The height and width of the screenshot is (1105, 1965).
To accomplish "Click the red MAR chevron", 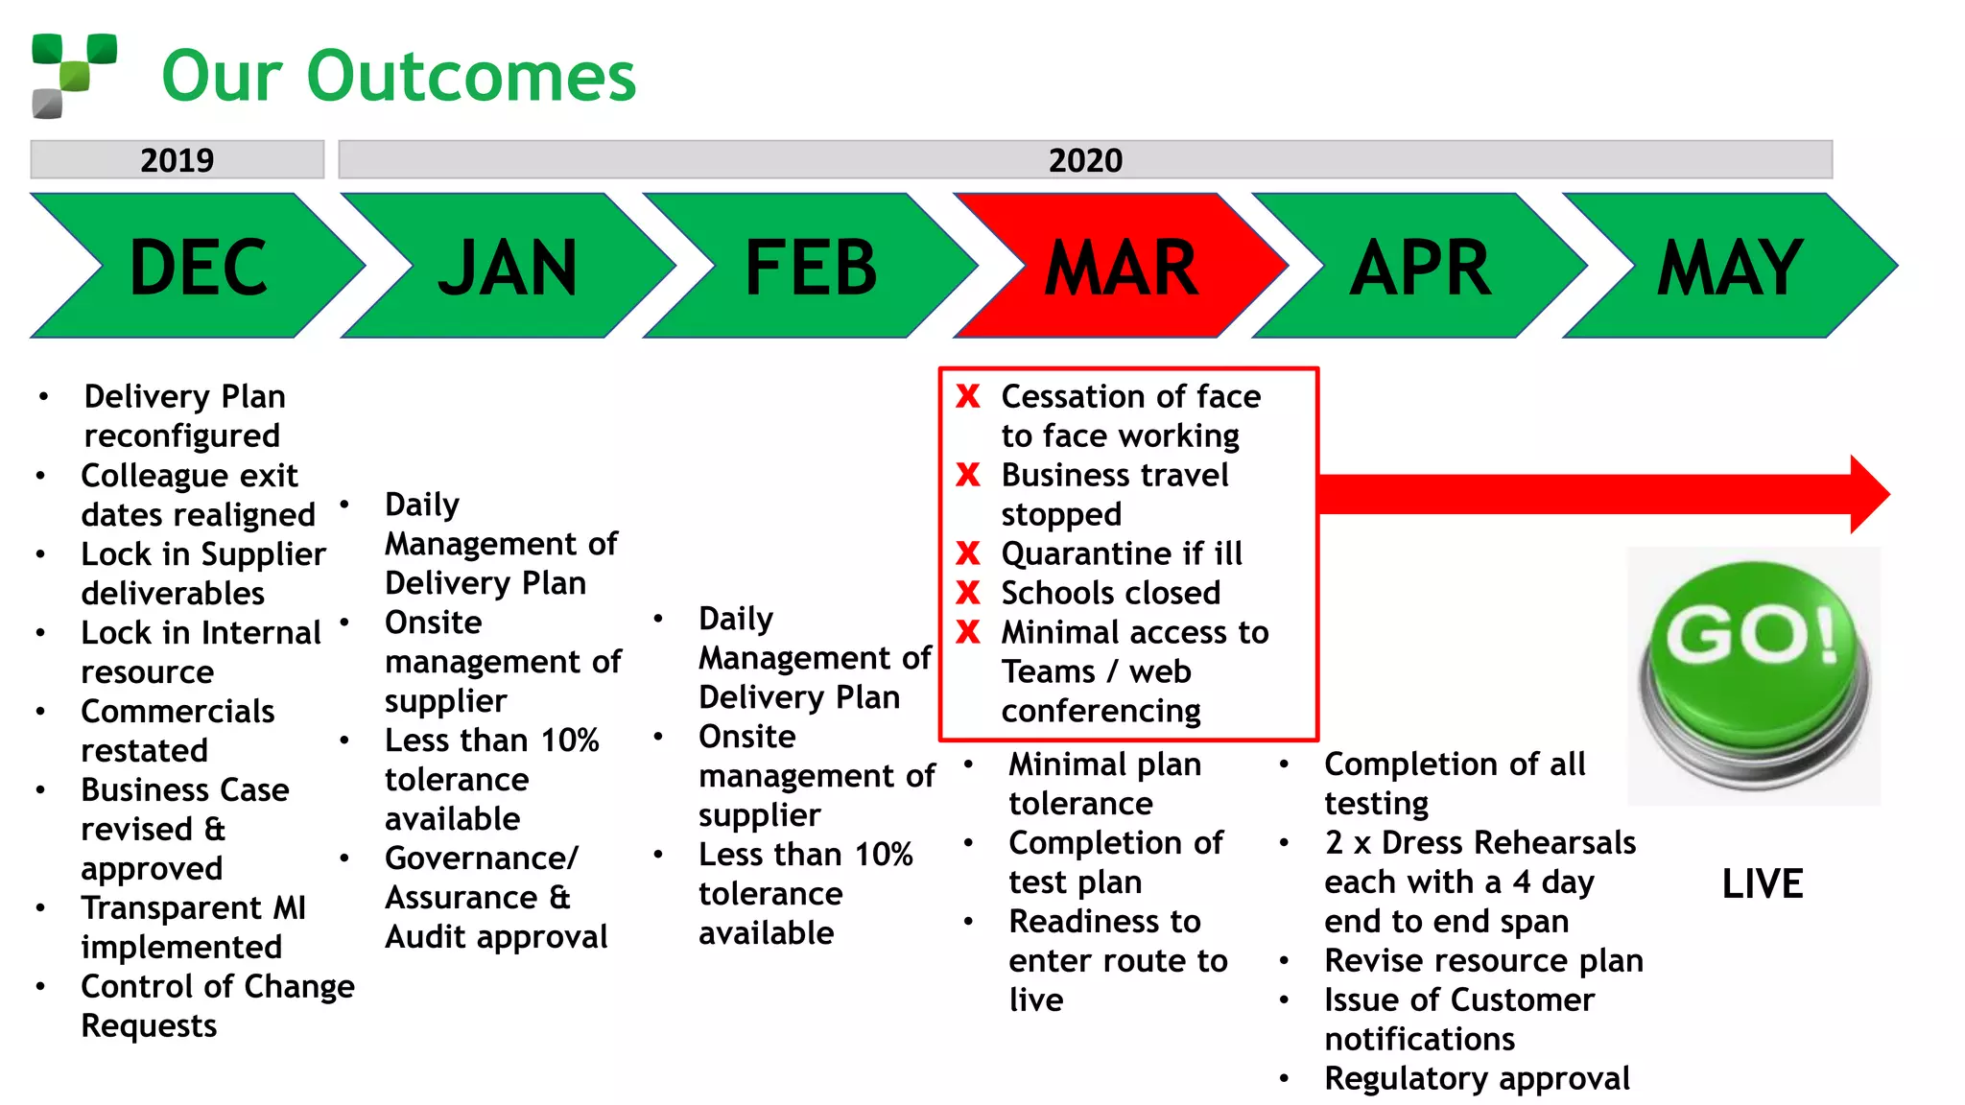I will (1121, 267).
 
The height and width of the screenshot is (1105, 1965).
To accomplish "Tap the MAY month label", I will (1730, 267).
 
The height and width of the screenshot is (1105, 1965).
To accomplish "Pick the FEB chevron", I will (811, 267).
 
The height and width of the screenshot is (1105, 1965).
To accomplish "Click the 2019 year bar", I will (178, 159).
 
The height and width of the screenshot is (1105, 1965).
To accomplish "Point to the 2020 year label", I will (1085, 159).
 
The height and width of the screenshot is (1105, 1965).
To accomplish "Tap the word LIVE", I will (1763, 883).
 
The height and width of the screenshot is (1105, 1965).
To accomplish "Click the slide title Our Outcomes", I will (398, 76).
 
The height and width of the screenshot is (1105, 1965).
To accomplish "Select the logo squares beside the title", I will (74, 75).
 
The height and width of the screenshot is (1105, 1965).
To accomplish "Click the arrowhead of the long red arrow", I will (1869, 494).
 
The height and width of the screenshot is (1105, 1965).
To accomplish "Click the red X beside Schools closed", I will (968, 593).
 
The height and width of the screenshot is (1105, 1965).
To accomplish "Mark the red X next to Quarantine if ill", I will (968, 553).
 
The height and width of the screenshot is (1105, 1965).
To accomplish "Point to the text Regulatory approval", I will (1477, 1078).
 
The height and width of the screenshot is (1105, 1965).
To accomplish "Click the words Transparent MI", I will (193, 907).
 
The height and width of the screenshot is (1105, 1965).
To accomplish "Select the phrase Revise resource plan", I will (1483, 960).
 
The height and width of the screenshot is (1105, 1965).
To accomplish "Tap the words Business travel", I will (1114, 475).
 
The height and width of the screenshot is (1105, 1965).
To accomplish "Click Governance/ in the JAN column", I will (482, 858).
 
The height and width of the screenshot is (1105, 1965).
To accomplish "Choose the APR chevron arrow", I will (1420, 267).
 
